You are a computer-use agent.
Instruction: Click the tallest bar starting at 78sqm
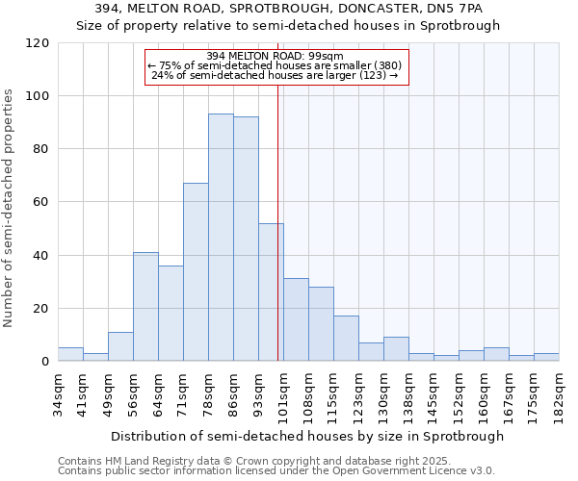tap(221, 238)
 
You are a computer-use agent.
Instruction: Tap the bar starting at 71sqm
tap(196, 272)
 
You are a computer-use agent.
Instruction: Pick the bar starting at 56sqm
tap(145, 307)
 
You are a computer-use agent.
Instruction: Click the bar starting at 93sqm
tap(271, 292)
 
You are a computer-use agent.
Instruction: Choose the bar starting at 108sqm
tap(321, 324)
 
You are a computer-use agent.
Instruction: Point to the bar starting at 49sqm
tap(120, 347)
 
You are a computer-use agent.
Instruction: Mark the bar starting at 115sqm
tap(346, 339)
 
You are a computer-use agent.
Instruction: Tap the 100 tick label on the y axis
tap(37, 96)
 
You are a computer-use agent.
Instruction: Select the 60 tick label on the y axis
tap(40, 202)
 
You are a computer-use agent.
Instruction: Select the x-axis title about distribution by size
tap(307, 436)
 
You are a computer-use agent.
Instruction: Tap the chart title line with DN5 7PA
tap(289, 9)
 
